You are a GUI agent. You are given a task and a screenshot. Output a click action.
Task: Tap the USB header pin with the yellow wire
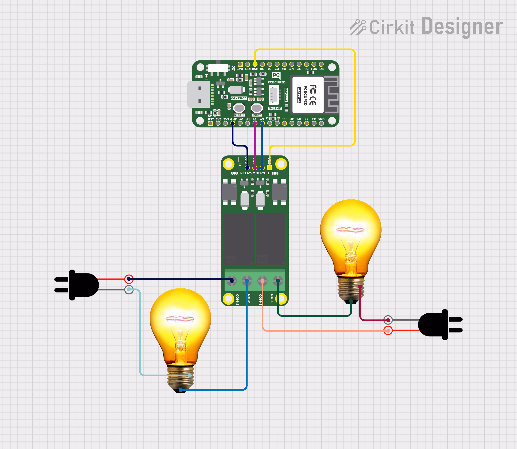[255, 64]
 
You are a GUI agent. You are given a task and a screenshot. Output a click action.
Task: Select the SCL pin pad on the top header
[321, 64]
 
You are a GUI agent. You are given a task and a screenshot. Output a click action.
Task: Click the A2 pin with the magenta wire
[255, 123]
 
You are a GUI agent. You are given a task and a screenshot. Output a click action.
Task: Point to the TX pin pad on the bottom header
[314, 123]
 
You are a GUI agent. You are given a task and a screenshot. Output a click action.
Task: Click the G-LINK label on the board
[275, 109]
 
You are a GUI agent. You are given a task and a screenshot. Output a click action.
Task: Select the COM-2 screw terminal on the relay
[231, 281]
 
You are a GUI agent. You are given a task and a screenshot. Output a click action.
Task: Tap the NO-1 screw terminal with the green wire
[278, 281]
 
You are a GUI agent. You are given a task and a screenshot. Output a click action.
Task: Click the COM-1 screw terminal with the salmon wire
[262, 281]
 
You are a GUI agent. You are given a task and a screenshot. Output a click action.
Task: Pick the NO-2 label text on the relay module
[249, 298]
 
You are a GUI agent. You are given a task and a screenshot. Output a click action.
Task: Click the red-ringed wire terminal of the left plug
[129, 279]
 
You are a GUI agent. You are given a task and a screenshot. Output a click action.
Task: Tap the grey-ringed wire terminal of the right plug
[388, 320]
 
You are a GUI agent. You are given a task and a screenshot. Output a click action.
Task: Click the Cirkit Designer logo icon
[358, 27]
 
